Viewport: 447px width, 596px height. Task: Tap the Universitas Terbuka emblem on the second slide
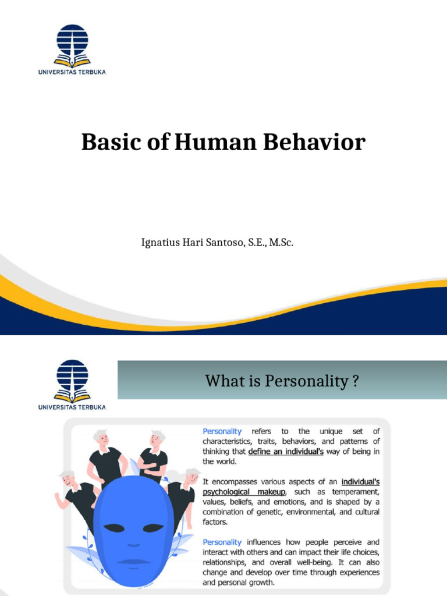tap(72, 381)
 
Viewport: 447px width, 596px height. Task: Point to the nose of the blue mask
tap(133, 544)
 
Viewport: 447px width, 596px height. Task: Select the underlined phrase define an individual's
tap(286, 451)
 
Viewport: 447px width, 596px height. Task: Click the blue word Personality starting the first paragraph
tap(222, 431)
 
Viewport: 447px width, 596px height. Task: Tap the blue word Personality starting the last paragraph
tap(222, 542)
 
